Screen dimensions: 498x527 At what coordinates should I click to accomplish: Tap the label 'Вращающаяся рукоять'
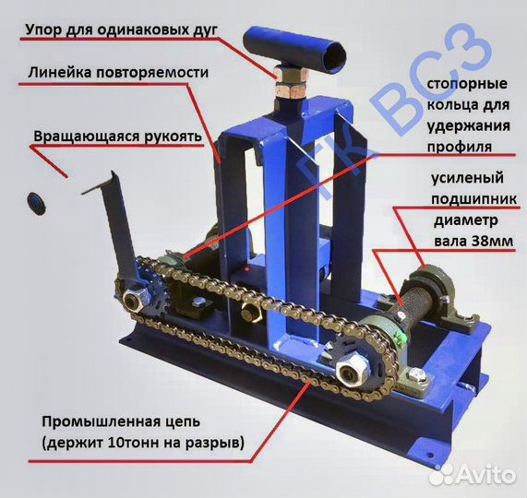coord(117,136)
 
